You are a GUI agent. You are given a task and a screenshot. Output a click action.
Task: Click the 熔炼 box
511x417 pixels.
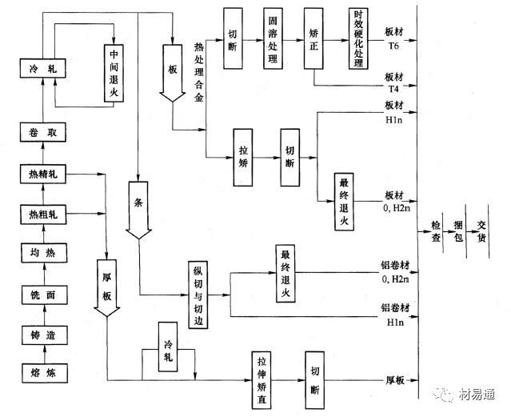[39, 373]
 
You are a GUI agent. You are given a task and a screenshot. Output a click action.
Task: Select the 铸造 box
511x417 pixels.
[39, 335]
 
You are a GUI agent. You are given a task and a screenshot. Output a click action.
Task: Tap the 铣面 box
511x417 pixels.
[39, 296]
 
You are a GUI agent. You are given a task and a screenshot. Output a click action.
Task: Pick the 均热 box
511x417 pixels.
[39, 255]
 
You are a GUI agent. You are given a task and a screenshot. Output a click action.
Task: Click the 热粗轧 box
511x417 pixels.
[39, 214]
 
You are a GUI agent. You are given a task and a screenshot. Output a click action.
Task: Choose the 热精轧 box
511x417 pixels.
[39, 174]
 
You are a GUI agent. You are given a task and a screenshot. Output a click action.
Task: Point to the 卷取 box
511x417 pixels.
[39, 133]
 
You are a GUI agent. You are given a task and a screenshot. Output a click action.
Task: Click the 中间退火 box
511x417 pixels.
[114, 71]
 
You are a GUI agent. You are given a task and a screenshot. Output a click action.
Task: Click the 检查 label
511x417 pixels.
[435, 232]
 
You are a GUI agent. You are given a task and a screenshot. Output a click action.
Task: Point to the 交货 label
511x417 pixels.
[481, 232]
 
